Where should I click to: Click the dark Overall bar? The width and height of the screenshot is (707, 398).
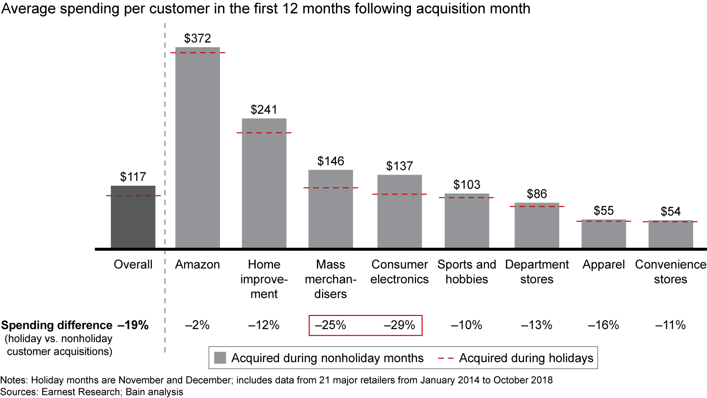tap(133, 217)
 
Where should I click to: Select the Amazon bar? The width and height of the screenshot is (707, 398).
tap(197, 147)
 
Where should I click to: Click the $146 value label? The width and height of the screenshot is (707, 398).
tap(330, 161)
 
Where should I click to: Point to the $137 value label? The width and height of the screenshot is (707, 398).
tap(400, 166)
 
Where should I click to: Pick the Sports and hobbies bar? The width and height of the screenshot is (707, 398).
tap(467, 221)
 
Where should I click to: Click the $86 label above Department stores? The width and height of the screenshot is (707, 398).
tap(537, 194)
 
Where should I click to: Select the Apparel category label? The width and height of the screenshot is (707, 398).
tap(603, 265)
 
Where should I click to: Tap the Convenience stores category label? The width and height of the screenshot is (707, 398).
tap(670, 272)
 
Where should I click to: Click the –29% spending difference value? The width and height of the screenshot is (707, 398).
tap(399, 325)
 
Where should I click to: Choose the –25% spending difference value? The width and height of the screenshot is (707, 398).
tap(330, 325)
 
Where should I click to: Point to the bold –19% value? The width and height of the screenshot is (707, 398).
tap(133, 325)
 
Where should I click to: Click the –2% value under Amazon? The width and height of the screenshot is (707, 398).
tap(197, 325)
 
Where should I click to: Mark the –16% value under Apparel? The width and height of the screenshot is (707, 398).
tap(603, 325)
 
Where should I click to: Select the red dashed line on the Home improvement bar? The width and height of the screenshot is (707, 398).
tap(264, 133)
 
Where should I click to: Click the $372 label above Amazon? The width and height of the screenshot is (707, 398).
tap(197, 38)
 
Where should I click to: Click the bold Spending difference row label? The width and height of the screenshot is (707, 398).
tap(57, 325)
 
